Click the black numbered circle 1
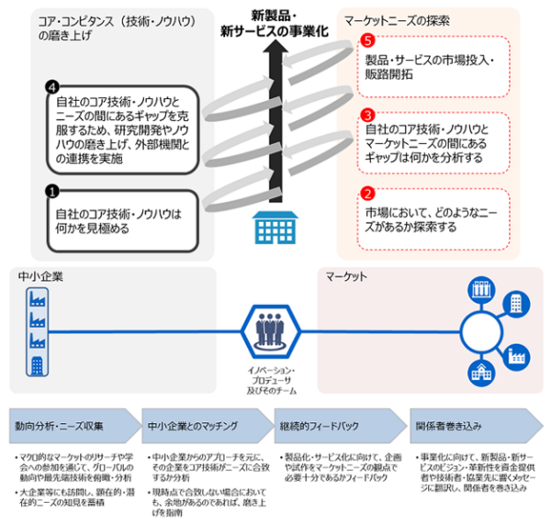click(x=52, y=193)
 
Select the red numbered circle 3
click(x=367, y=116)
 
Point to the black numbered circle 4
click(x=52, y=88)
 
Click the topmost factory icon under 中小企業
click(x=37, y=295)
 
